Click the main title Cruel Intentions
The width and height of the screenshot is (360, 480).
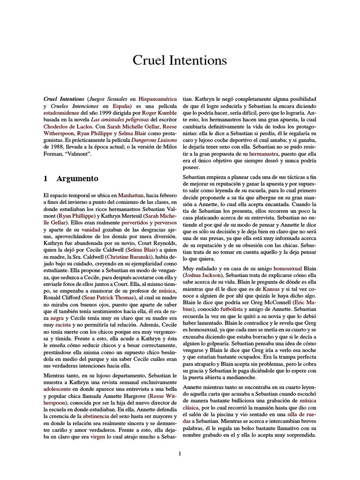(180, 60)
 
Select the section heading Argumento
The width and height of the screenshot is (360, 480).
(77, 178)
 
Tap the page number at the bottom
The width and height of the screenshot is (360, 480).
(180, 453)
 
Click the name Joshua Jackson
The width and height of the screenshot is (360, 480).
(203, 274)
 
